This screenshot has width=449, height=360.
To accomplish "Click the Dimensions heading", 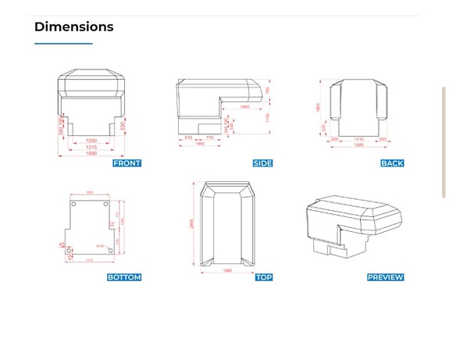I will (x=73, y=27).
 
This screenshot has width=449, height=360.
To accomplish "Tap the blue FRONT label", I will (x=127, y=163).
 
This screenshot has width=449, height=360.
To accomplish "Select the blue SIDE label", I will (x=262, y=163).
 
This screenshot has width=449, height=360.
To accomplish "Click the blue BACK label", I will (x=392, y=163).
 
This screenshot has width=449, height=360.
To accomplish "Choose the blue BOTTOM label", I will (x=124, y=277).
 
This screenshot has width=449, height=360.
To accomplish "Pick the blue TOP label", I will (x=264, y=277).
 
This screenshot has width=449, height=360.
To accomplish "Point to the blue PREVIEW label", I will (x=386, y=277).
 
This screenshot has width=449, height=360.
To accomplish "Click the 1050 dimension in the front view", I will (x=91, y=141).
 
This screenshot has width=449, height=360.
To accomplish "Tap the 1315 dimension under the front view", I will (x=91, y=147).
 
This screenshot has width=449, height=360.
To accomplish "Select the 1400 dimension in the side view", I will (x=245, y=107).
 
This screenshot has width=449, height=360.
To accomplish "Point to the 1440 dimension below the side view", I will (x=199, y=144).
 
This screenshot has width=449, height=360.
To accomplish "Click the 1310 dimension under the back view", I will (x=358, y=140).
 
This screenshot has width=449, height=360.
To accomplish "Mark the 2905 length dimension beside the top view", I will (x=192, y=223).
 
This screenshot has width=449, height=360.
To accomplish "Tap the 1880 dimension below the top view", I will (x=227, y=271).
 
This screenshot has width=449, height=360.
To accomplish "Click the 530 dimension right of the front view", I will (x=123, y=125).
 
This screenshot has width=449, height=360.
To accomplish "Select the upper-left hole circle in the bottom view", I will (x=74, y=205).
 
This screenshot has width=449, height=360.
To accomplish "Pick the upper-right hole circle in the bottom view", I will (x=106, y=205).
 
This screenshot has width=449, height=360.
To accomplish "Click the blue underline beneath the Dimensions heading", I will (x=63, y=44).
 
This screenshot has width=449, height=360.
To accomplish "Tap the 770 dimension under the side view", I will (x=209, y=137).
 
